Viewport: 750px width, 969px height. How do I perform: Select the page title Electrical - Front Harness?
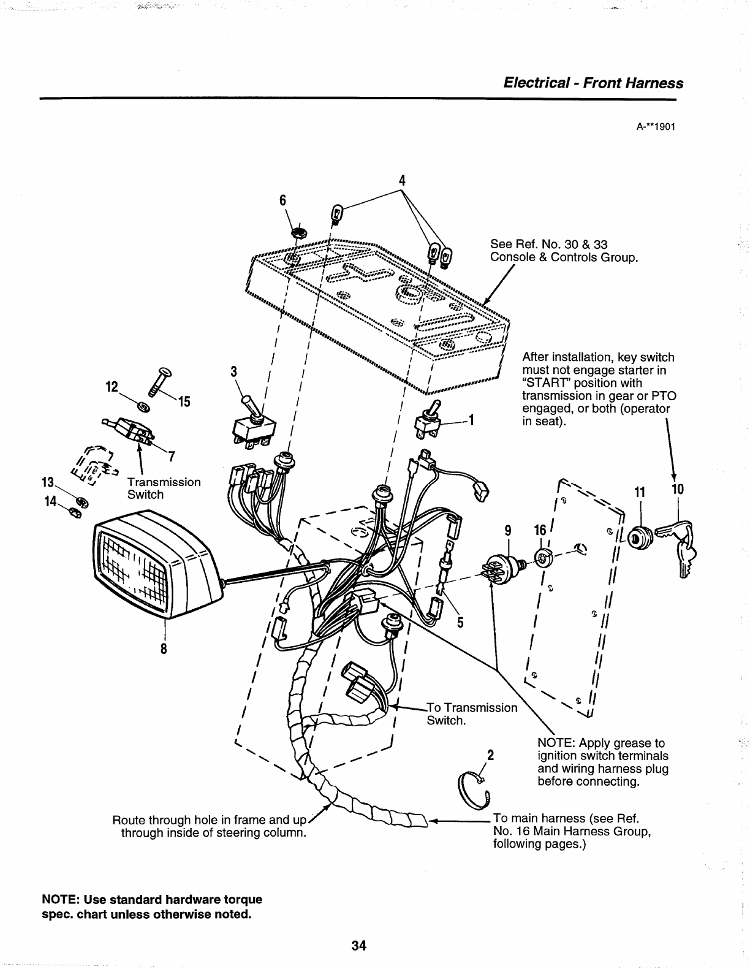coord(593,83)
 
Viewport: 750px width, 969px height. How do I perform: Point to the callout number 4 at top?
coord(402,180)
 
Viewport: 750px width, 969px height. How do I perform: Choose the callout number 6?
coord(283,201)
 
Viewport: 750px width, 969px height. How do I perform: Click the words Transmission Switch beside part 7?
coord(164,488)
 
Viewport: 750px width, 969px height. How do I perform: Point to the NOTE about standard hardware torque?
coord(151,907)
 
